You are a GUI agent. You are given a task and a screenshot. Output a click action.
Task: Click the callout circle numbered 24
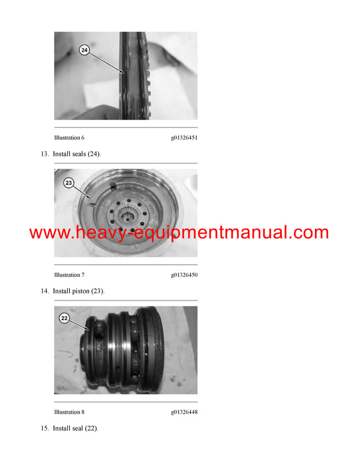pyautogui.click(x=83, y=52)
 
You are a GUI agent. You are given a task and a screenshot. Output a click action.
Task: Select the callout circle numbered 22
pyautogui.click(x=64, y=318)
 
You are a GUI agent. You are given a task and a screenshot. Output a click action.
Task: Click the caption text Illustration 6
pyautogui.click(x=70, y=138)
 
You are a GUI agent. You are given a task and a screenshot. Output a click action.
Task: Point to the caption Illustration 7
pyautogui.click(x=70, y=275)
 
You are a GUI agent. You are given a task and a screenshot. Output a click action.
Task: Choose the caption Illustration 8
pyautogui.click(x=70, y=412)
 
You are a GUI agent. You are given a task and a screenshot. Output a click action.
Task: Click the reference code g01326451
pyautogui.click(x=184, y=138)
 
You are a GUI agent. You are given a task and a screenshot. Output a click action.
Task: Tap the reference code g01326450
pyautogui.click(x=184, y=275)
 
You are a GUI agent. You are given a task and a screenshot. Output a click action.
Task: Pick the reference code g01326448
pyautogui.click(x=184, y=412)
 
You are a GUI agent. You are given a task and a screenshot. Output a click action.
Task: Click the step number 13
pyautogui.click(x=44, y=154)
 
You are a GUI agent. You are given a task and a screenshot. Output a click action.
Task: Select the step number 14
pyautogui.click(x=44, y=291)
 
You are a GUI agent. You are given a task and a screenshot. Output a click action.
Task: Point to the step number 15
pyautogui.click(x=44, y=429)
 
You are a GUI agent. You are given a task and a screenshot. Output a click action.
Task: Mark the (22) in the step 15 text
pyautogui.click(x=91, y=429)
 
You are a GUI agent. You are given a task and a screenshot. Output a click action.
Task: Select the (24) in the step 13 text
pyautogui.click(x=95, y=154)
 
